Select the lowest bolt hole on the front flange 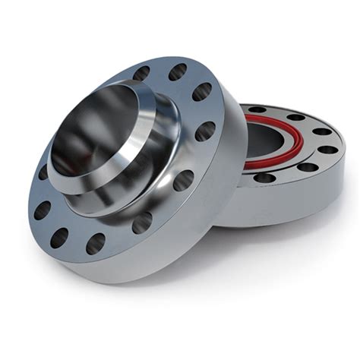pos(95,243)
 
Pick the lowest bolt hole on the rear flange pos(264,178)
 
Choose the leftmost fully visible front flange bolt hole pos(42,210)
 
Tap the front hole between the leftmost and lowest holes pos(59,237)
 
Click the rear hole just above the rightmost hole pos(321,131)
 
